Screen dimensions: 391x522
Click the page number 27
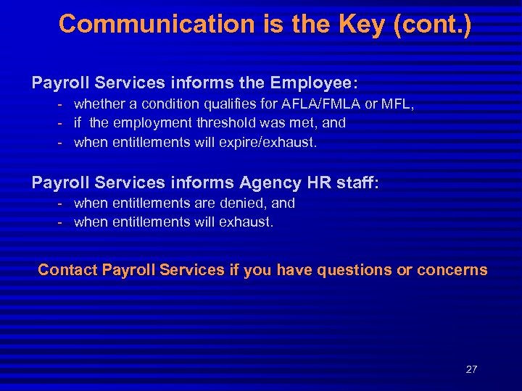click(x=471, y=369)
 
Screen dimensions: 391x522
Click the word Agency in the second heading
click(x=265, y=182)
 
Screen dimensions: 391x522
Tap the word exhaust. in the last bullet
click(x=249, y=222)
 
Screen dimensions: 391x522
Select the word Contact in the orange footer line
click(x=67, y=270)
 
